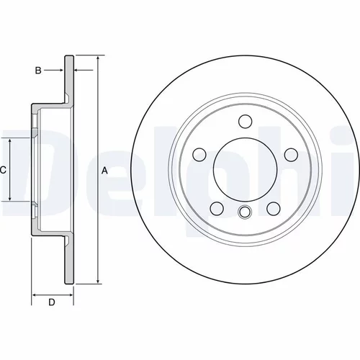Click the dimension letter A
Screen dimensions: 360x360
[x=104, y=171]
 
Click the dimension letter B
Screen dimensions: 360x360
[x=38, y=71]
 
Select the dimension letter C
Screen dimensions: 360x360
[x=3, y=170]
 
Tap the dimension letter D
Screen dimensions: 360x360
[x=52, y=302]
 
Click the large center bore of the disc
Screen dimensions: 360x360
[x=246, y=170]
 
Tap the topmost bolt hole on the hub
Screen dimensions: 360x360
[x=246, y=122]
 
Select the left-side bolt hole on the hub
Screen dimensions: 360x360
[x=199, y=155]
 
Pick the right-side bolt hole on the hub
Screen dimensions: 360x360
[x=291, y=155]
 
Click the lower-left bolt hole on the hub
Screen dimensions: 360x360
[x=217, y=209]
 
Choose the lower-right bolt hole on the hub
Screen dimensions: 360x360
[x=274, y=209]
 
